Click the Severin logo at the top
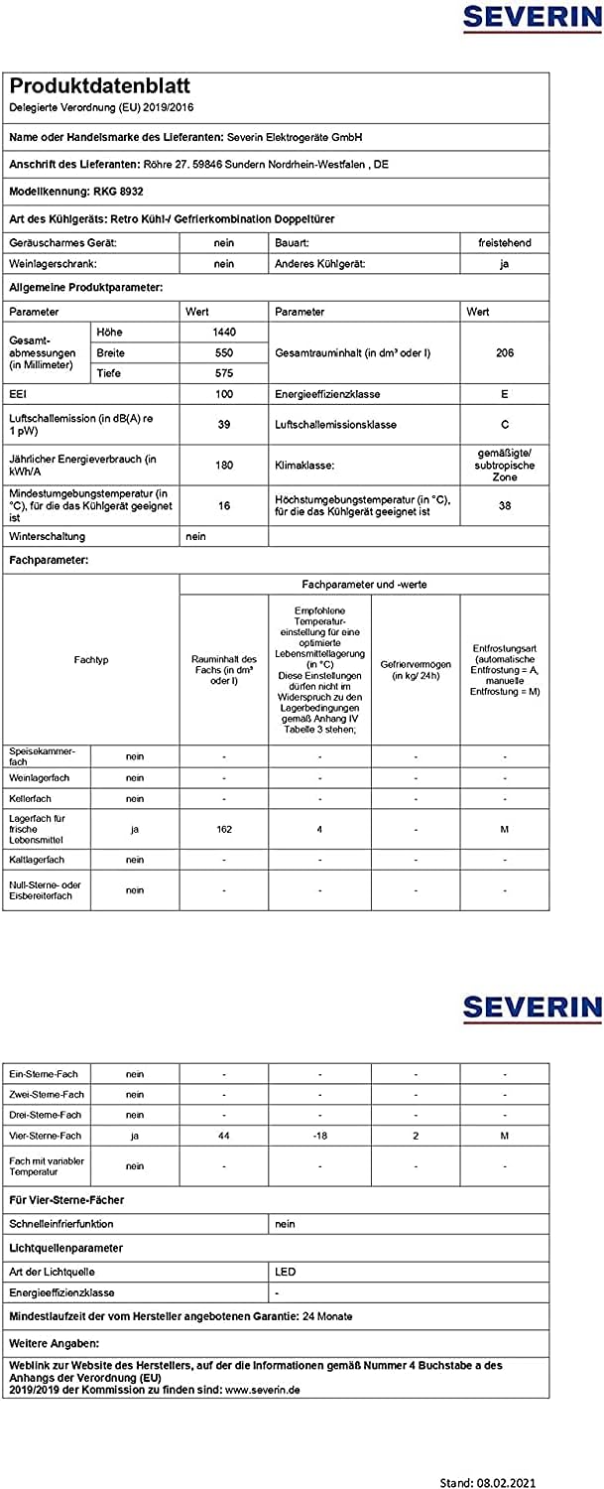532,19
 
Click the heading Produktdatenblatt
99,86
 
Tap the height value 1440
223,332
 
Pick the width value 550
223,352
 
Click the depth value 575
223,373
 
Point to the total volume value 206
505,352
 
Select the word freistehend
505,242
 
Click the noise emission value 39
223,424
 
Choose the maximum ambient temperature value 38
505,504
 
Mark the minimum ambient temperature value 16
223,504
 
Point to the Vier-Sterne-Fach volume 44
223,1135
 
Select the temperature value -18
319,1135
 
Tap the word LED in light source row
285,1271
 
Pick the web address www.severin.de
263,1390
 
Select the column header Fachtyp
91,659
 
